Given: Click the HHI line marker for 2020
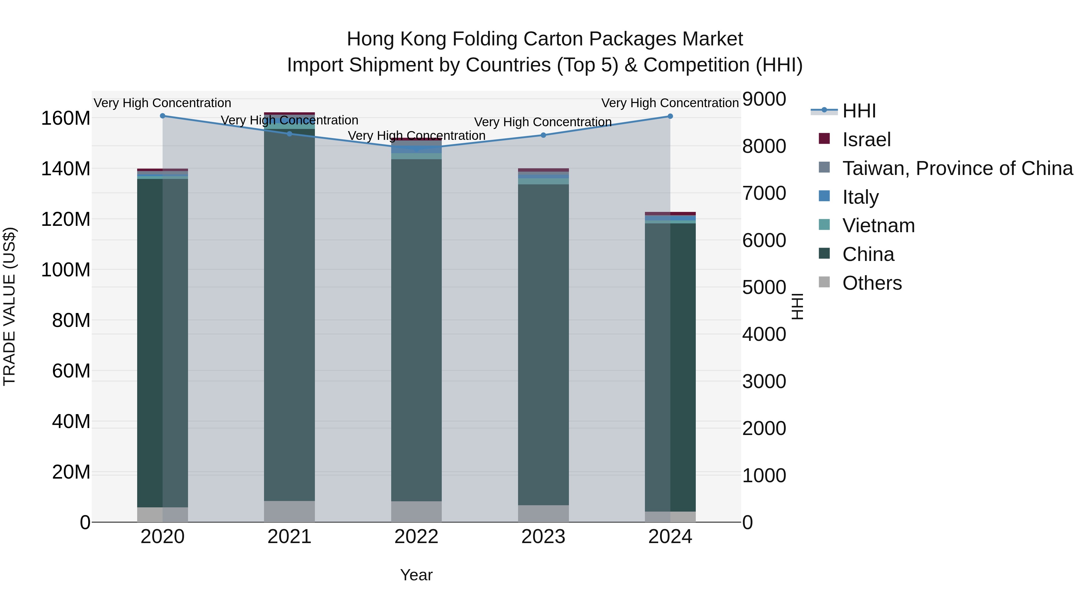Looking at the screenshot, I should coord(163,116).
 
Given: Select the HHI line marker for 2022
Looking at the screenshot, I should coord(416,149).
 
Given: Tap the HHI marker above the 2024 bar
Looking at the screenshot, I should coord(670,116).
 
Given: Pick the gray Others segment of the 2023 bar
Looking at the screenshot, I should coord(543,514).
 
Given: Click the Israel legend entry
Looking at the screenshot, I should coord(866,140).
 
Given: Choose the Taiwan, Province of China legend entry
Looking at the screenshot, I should coord(957,168).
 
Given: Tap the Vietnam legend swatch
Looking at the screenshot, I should coord(824,225).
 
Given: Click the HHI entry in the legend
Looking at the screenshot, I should coord(859,111).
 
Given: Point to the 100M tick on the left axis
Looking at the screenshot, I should coord(66,269).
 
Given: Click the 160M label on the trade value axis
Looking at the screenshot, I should coord(66,118).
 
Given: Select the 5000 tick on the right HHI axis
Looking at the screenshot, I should coord(764,287).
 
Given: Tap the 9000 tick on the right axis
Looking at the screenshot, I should coord(764,99).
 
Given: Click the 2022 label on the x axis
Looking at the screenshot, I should coord(416,537).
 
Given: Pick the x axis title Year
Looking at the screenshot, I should coord(416,575).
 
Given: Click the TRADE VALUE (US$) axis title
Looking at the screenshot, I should coord(9,306).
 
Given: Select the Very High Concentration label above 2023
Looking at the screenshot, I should coord(543,122).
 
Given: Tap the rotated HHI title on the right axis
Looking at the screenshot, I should coord(797,306).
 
